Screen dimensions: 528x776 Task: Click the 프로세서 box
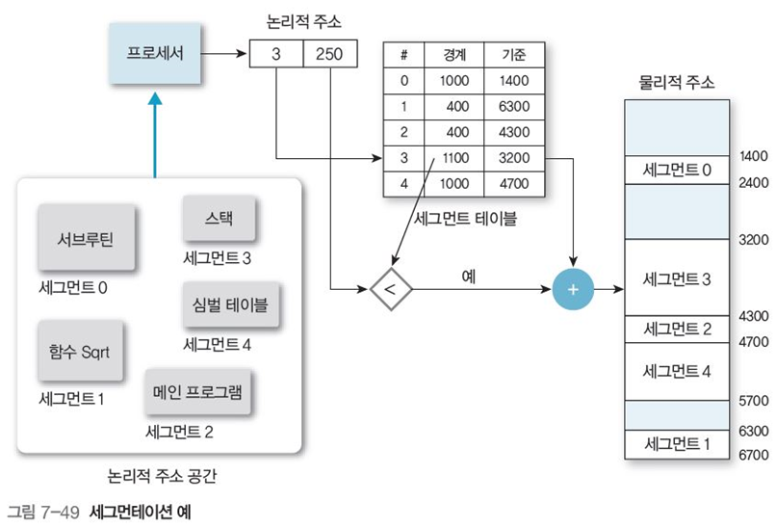click(x=154, y=54)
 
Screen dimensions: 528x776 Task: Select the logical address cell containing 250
click(x=329, y=54)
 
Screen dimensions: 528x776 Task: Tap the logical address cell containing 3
click(x=275, y=54)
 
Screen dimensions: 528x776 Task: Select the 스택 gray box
click(x=220, y=219)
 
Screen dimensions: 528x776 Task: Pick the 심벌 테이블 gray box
click(x=223, y=306)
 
